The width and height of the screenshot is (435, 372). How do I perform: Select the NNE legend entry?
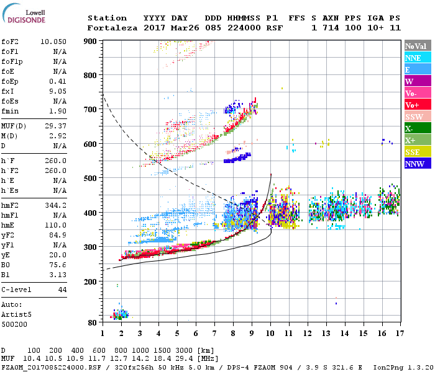(413, 58)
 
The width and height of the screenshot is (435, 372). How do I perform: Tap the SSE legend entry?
(413, 152)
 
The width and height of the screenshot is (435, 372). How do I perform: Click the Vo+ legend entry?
(413, 105)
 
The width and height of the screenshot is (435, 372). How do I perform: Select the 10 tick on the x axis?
(270, 333)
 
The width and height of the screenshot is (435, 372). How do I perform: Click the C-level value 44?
(62, 290)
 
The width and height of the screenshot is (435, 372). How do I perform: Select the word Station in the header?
(107, 18)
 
